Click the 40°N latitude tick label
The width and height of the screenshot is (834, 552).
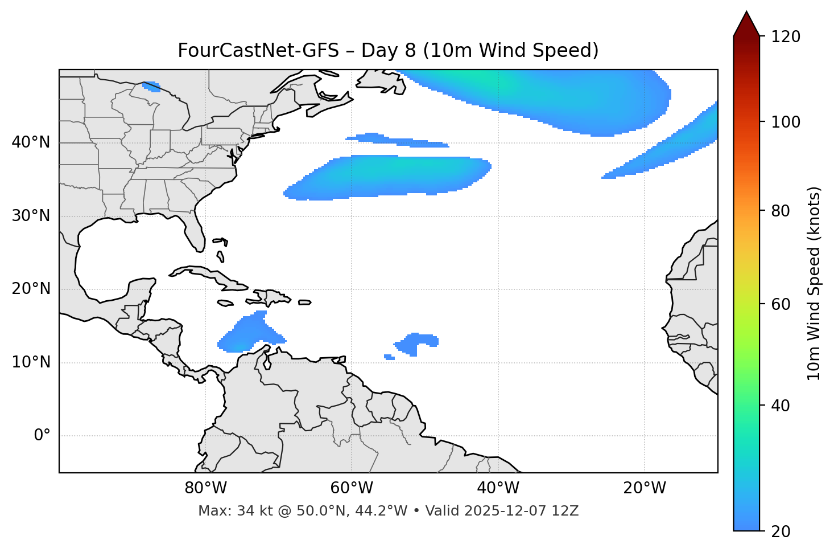point(31,142)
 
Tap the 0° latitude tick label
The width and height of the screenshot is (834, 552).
point(42,436)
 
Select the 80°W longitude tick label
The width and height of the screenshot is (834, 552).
point(205,488)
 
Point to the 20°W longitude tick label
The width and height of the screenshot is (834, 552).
point(645,488)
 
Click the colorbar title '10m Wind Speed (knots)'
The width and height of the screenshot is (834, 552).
point(814,283)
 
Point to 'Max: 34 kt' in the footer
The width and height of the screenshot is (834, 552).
point(226,511)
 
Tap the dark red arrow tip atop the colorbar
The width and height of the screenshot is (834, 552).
point(746,23)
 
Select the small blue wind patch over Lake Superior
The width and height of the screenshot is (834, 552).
point(152,87)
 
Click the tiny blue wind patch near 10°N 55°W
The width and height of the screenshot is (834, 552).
point(389,357)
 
